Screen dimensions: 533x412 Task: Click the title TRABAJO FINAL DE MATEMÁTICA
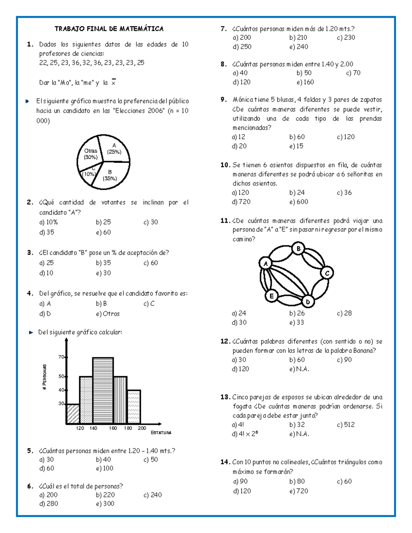109,29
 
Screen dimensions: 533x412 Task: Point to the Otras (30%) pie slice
90,154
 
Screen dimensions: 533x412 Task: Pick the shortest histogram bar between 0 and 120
73,414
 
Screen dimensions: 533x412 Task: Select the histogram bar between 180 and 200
134,407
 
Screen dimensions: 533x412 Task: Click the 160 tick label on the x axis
113,428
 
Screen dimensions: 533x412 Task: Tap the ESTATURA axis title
161,433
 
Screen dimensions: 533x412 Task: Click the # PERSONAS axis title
45,377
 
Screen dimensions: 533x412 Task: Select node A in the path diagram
265,264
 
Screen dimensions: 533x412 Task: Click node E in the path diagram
272,296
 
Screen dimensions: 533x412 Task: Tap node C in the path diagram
327,273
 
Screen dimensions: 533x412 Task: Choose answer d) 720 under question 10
241,202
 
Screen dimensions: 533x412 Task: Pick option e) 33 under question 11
297,322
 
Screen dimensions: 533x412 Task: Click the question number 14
225,462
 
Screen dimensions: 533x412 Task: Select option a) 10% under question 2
48,222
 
